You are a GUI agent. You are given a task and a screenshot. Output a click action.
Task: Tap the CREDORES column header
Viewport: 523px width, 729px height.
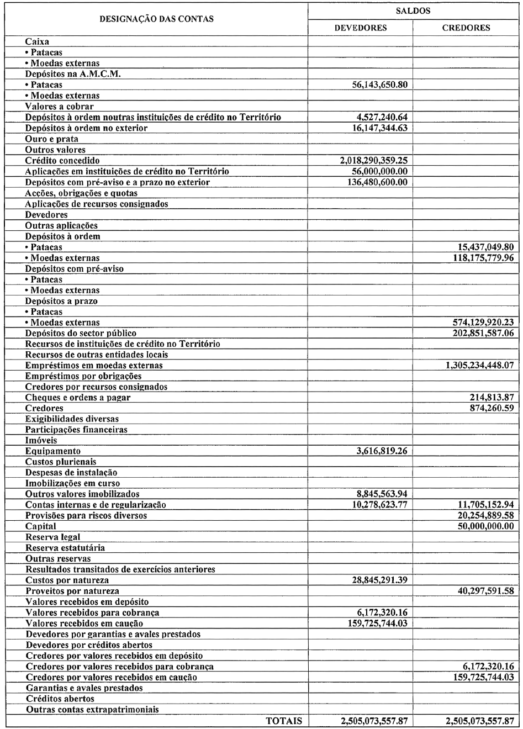tap(466, 28)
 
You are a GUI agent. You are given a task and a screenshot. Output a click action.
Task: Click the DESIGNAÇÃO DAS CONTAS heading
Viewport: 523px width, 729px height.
tap(156, 19)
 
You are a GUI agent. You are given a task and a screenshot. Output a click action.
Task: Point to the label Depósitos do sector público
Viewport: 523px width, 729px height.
tap(81, 334)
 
